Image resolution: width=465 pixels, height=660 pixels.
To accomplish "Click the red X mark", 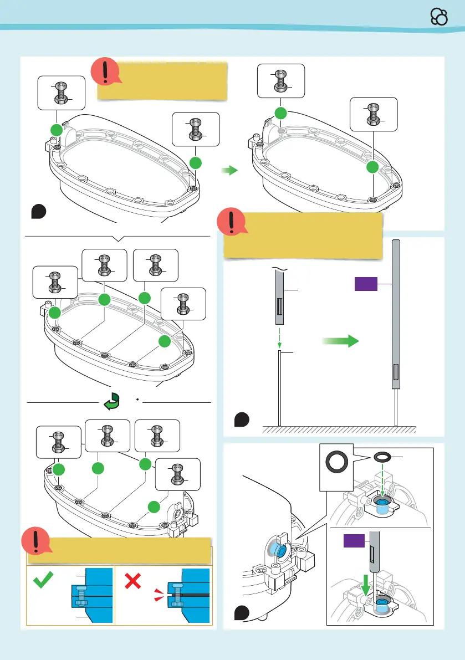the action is [x=132, y=580].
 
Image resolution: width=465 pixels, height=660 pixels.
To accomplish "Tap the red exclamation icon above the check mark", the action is [x=35, y=544].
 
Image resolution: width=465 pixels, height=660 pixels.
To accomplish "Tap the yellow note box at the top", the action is [x=162, y=81].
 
